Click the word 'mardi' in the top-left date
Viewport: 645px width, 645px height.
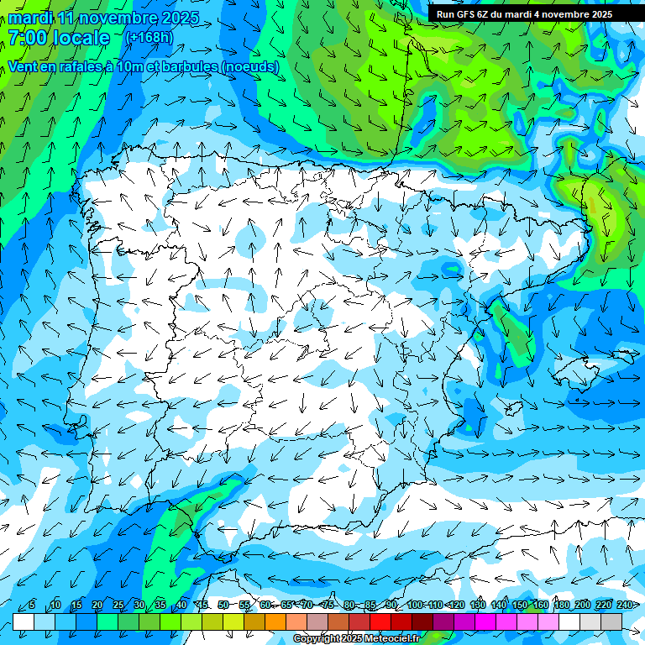click(x=29, y=17)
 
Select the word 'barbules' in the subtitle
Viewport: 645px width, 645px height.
click(x=190, y=67)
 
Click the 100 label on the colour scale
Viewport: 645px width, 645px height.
click(x=415, y=606)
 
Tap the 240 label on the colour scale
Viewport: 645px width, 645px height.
click(x=624, y=606)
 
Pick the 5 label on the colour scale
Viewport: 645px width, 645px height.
click(x=32, y=606)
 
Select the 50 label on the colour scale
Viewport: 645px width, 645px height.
click(x=223, y=606)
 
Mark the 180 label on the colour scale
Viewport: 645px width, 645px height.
click(x=561, y=606)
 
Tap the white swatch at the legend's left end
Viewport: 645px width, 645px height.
click(x=23, y=621)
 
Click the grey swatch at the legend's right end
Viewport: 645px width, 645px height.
click(x=611, y=621)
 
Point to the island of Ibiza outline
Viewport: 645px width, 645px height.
click(x=515, y=409)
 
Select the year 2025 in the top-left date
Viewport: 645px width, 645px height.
click(x=178, y=17)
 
